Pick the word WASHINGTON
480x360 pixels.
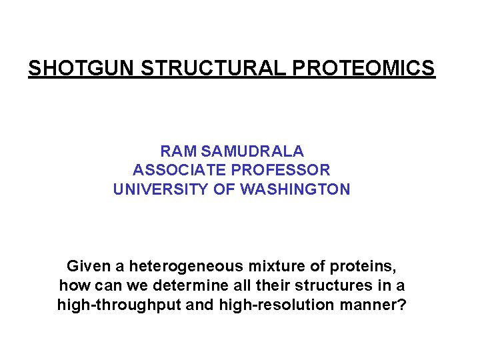pos(295,189)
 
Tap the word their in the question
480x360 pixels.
pos(277,287)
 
